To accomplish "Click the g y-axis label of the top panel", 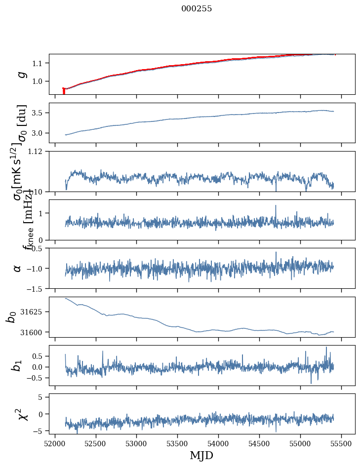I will [x=21, y=74].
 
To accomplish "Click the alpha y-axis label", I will [x=18, y=268].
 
